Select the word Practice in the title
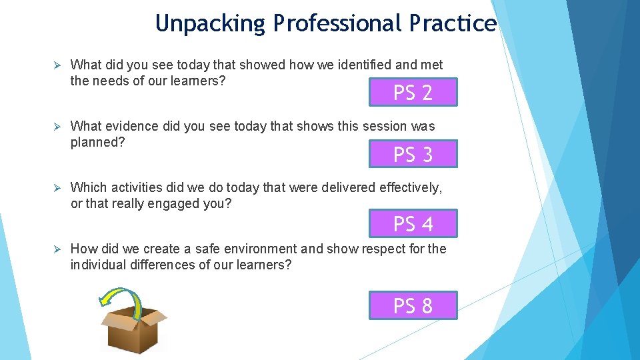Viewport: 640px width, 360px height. [453, 24]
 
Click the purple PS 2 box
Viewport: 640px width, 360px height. [413, 93]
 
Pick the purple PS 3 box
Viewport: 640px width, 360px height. [413, 155]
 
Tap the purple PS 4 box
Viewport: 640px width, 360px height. [413, 224]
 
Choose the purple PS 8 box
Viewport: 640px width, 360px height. [413, 306]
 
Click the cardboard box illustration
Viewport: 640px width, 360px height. [133, 330]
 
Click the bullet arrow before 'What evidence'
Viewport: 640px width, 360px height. [57, 127]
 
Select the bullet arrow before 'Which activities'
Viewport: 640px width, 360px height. [57, 188]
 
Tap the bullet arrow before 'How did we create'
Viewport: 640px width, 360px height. [57, 249]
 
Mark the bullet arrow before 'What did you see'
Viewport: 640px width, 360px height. [57, 65]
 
